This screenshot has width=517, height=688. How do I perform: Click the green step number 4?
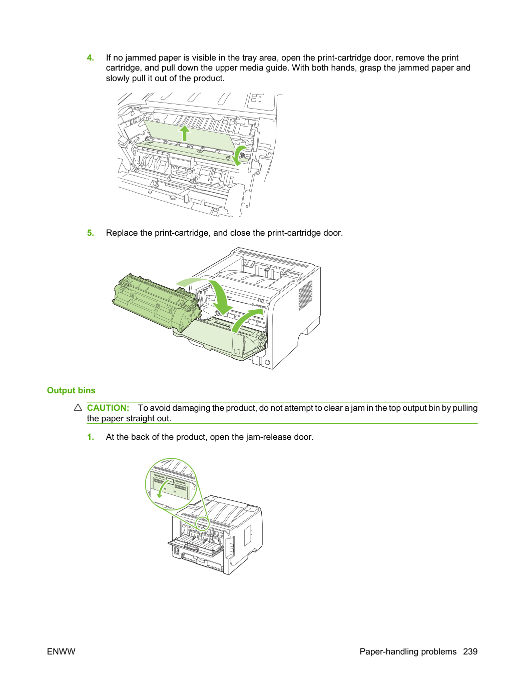90,58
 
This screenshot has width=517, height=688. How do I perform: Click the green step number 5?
90,233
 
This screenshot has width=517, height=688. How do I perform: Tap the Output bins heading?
71,390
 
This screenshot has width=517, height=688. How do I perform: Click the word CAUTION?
108,408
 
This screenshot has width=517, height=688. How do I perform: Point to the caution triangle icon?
78,407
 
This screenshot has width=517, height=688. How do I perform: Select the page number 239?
470,651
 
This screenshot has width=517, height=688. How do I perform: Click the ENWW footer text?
61,651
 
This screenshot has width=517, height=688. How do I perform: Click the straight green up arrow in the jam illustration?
185,133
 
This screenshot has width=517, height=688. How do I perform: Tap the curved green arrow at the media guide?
239,155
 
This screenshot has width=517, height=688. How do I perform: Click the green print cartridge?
156,302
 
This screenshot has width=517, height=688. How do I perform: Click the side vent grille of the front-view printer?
305,295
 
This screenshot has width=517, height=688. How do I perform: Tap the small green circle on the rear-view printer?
202,524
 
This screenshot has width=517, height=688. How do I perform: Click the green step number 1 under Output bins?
90,437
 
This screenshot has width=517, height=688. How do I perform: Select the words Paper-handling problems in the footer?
408,651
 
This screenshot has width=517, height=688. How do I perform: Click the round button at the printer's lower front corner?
267,362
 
